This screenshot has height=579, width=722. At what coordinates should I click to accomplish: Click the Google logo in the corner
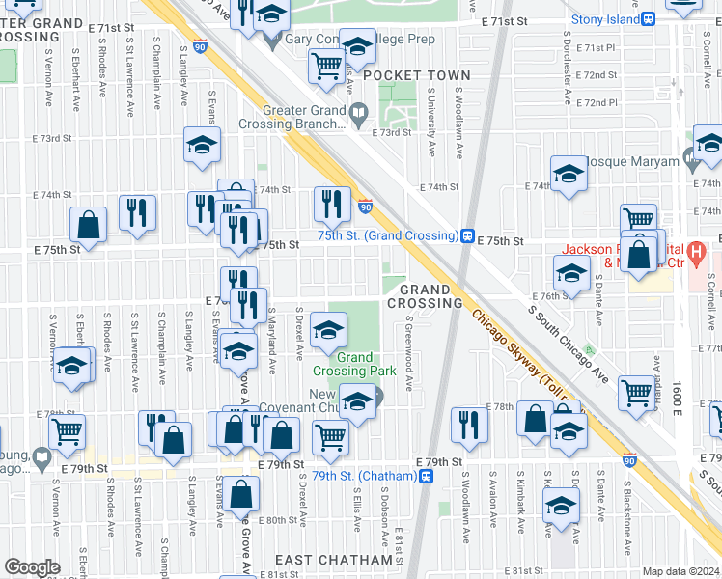33,567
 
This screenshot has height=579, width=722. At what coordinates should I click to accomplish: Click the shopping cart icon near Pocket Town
327,66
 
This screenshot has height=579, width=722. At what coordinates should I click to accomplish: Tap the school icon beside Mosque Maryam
569,175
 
